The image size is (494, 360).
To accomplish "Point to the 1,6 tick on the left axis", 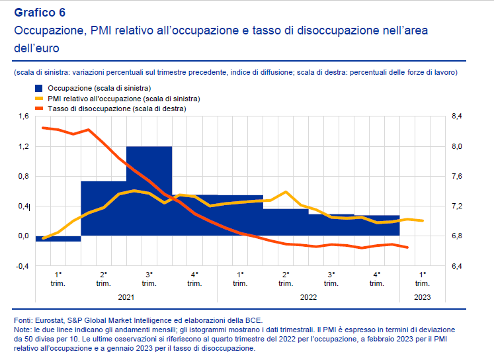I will [23, 116].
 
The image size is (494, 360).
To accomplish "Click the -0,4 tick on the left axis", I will [22, 266].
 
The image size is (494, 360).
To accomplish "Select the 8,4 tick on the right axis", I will [457, 116].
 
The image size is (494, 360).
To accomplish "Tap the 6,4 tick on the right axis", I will [457, 266].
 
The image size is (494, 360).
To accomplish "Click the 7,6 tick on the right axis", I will [457, 176].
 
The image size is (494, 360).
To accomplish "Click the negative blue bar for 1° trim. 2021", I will [58, 239].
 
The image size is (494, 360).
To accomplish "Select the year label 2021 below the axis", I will [126, 297].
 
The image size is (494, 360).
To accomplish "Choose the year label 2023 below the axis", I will [423, 297].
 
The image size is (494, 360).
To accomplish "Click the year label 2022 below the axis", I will [309, 297].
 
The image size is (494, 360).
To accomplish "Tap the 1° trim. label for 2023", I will [423, 279].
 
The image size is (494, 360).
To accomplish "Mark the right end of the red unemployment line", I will [407, 248].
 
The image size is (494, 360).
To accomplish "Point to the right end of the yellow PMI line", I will [423, 220].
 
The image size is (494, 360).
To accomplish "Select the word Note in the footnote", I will [22, 329].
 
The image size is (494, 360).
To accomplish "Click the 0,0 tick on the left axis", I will [23, 236].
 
